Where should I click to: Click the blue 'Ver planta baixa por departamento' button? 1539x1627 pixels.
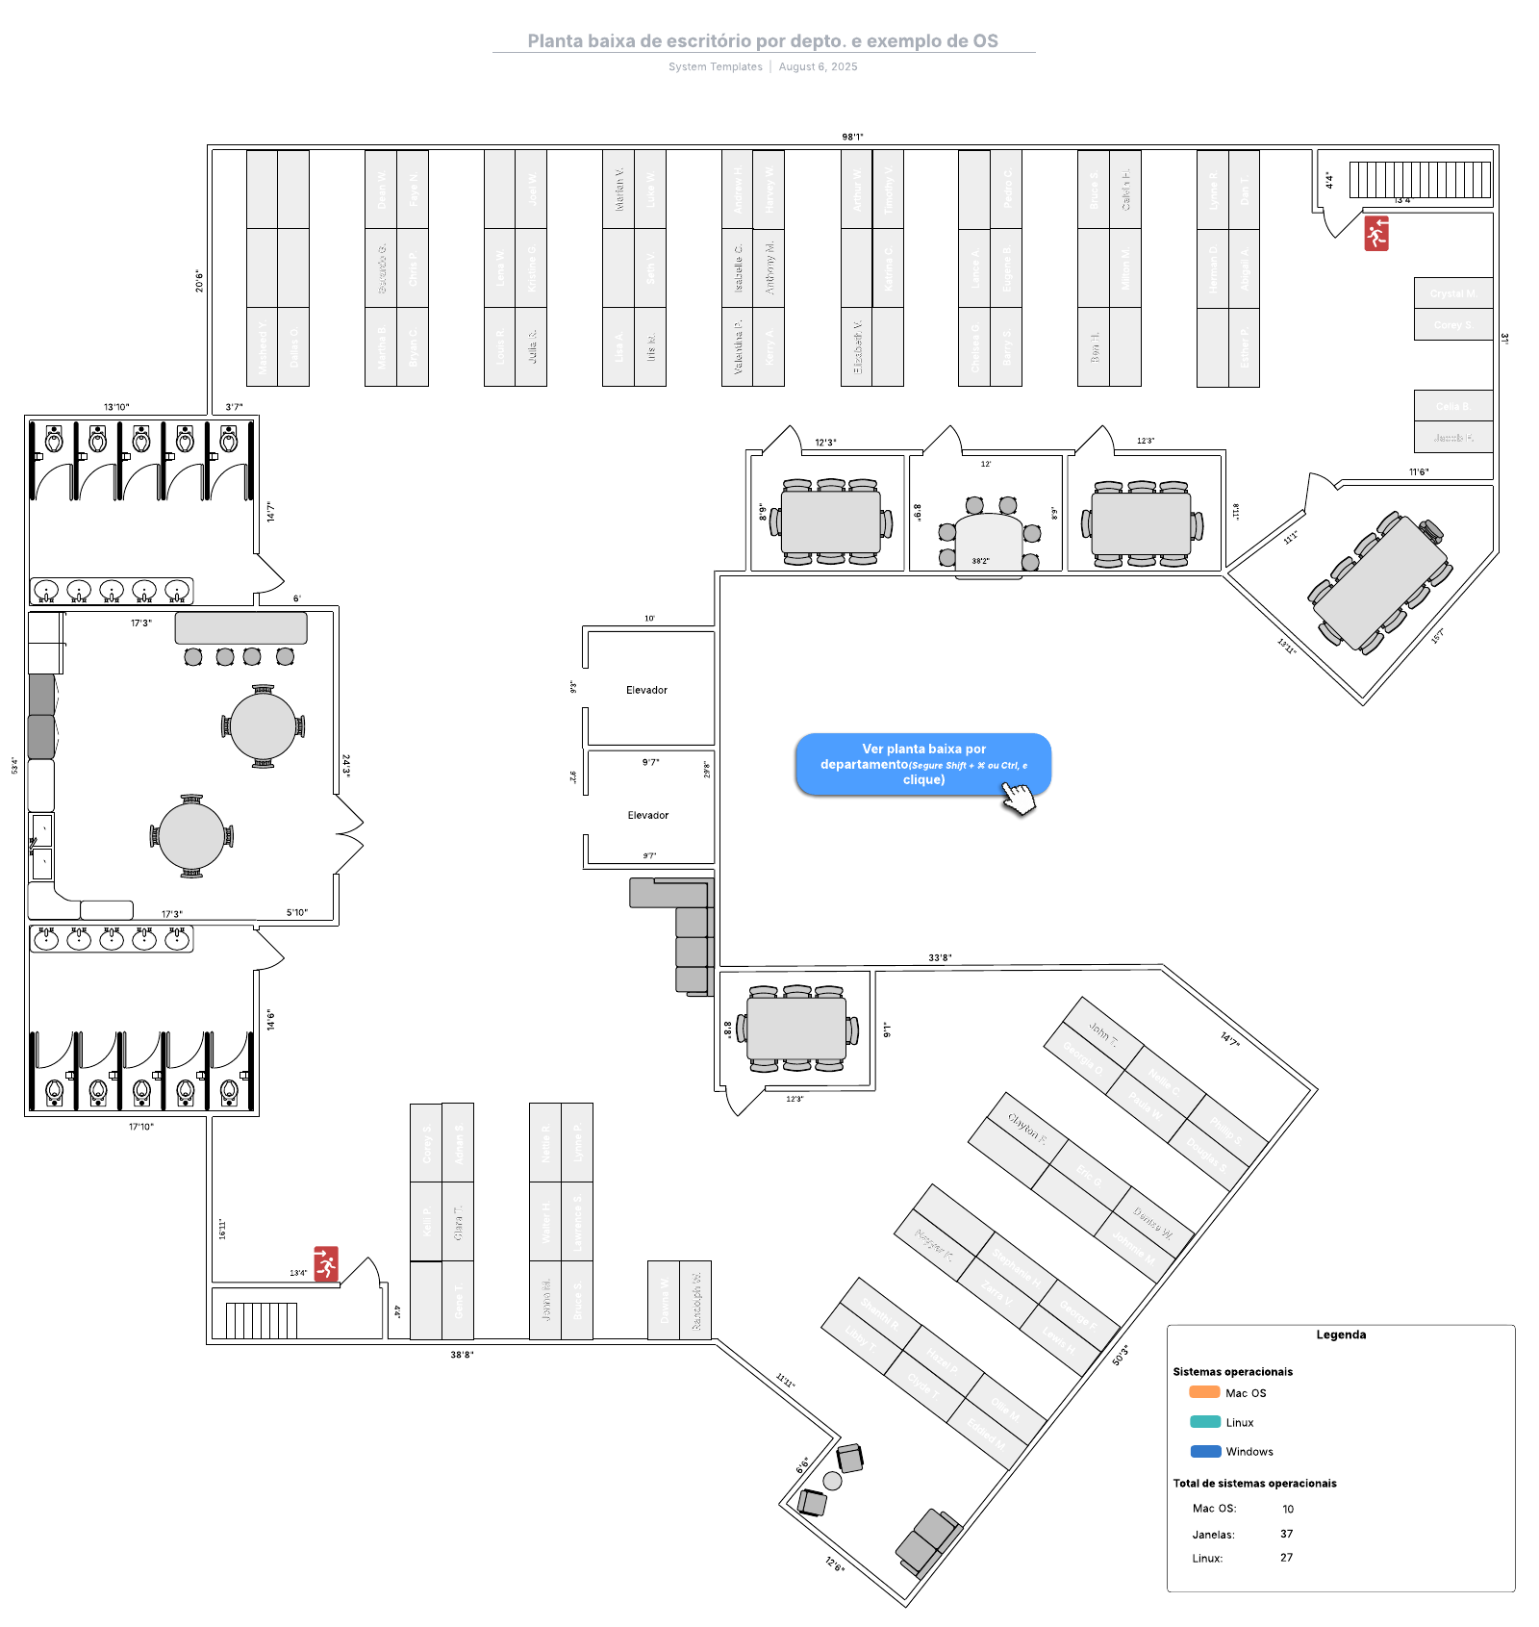(921, 763)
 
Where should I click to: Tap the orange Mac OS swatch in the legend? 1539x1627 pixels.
(1203, 1391)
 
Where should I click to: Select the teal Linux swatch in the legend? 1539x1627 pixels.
(1204, 1421)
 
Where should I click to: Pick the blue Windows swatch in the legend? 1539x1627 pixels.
(1204, 1451)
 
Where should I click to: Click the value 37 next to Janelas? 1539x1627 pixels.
(1286, 1534)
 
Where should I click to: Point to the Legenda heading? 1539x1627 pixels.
(1341, 1335)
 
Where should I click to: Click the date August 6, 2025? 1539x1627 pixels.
(818, 66)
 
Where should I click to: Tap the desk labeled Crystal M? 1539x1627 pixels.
(1452, 293)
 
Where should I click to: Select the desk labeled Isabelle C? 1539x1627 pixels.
(738, 268)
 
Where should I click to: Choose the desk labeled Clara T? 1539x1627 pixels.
(458, 1221)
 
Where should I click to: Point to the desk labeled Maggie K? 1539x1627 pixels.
(934, 1245)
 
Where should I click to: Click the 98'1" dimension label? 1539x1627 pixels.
(852, 137)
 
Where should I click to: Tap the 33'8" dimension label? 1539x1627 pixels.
(940, 957)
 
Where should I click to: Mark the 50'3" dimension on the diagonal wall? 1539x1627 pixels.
(1121, 1355)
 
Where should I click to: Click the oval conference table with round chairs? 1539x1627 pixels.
(989, 539)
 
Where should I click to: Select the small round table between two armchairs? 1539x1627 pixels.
(832, 1481)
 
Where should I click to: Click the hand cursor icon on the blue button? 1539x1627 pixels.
(1019, 797)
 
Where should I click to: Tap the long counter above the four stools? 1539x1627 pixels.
(240, 628)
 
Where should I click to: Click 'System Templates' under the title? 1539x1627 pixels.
(715, 66)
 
